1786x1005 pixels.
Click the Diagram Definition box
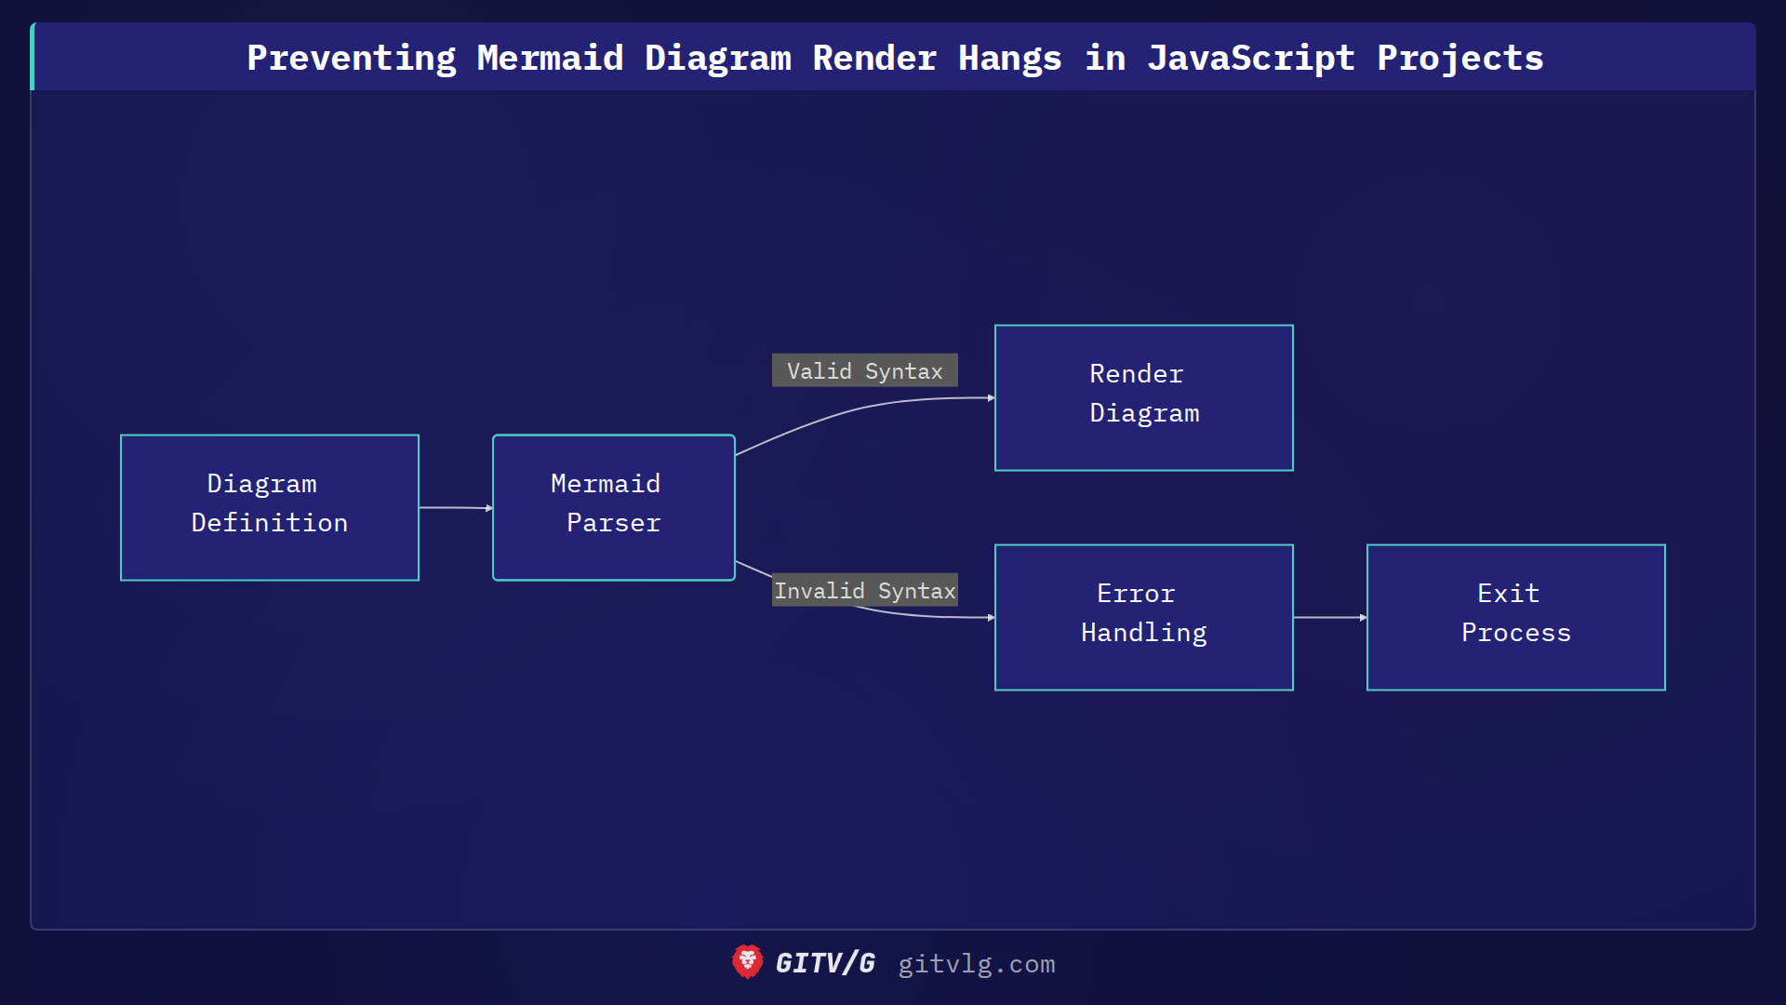point(270,507)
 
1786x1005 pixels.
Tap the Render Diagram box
point(1144,397)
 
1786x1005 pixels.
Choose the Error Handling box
point(1144,617)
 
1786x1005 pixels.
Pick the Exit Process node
point(1516,617)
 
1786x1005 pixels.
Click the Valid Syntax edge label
point(865,370)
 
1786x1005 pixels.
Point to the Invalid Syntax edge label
point(865,590)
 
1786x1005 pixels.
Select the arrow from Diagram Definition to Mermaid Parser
point(455,507)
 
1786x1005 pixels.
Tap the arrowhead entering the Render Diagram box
point(991,398)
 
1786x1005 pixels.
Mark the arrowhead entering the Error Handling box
point(991,617)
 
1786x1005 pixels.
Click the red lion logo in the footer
point(747,961)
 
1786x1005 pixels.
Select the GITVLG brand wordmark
point(825,963)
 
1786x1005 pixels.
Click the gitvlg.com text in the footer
point(977,964)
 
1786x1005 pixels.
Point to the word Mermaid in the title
point(550,58)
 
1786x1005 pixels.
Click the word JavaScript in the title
point(1251,58)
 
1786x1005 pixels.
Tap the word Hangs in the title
point(1010,58)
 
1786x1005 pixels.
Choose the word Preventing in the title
point(352,58)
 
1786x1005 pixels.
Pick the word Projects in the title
point(1460,58)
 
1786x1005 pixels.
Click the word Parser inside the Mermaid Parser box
point(614,523)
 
